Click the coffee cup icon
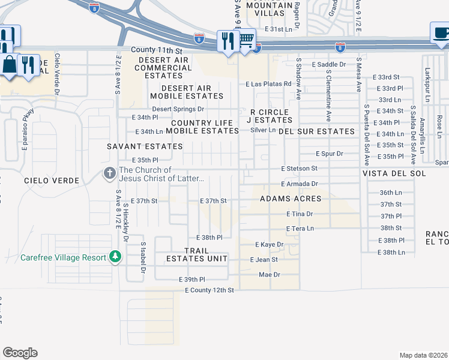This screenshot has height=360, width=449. pyautogui.click(x=440, y=33)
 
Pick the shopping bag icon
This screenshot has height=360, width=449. pyautogui.click(x=10, y=64)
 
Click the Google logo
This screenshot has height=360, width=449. pyautogui.click(x=20, y=352)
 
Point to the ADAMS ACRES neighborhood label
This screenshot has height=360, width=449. pyautogui.click(x=291, y=199)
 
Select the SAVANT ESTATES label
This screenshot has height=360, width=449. pyautogui.click(x=145, y=146)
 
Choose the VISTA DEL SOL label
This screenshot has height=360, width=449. pyautogui.click(x=394, y=173)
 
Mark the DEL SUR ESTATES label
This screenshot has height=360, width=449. pyautogui.click(x=324, y=131)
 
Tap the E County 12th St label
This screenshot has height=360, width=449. pyautogui.click(x=209, y=290)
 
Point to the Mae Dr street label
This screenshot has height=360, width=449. pyautogui.click(x=270, y=274)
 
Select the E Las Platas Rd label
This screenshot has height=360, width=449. pyautogui.click(x=268, y=84)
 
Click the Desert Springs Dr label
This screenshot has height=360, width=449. pyautogui.click(x=178, y=109)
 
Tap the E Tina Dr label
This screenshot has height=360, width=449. pyautogui.click(x=298, y=214)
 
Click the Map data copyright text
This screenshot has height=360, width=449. pyautogui.click(x=423, y=355)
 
